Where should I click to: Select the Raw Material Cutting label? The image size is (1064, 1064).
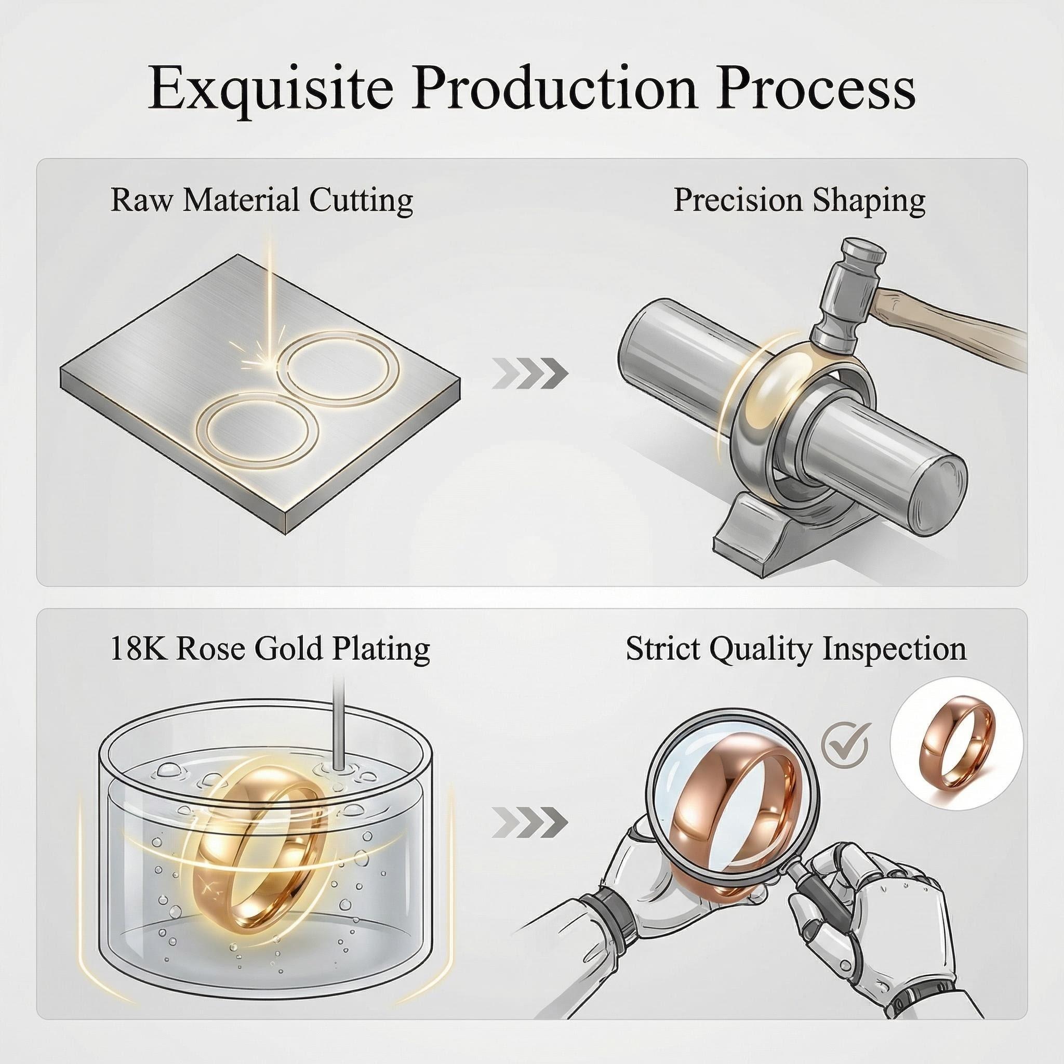tap(262, 200)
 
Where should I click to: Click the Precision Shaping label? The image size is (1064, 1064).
tap(799, 201)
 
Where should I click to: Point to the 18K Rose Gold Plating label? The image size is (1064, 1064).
tap(270, 649)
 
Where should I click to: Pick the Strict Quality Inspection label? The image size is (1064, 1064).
tap(796, 649)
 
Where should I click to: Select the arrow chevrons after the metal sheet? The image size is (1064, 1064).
tap(529, 373)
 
